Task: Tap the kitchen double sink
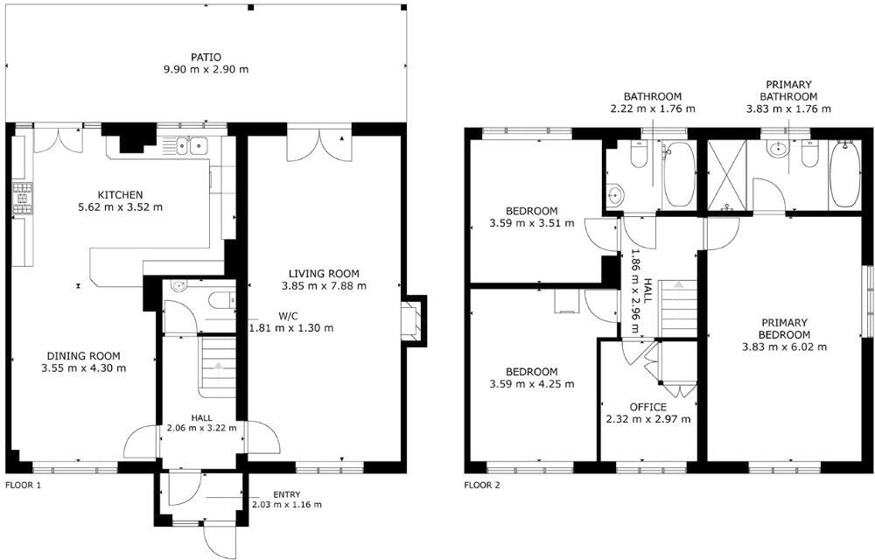pyautogui.click(x=190, y=145)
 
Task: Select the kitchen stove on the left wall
pyautogui.click(x=20, y=200)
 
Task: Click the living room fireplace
pyautogui.click(x=410, y=317)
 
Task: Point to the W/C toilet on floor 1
pyautogui.click(x=218, y=300)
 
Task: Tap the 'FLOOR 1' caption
pyautogui.click(x=23, y=484)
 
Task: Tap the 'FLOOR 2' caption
pyautogui.click(x=481, y=484)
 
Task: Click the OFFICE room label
pyautogui.click(x=647, y=407)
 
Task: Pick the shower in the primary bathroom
pyautogui.click(x=725, y=176)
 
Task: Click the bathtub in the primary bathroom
pyautogui.click(x=844, y=174)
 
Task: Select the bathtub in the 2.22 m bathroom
pyautogui.click(x=679, y=175)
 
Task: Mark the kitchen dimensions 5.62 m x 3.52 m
pyautogui.click(x=120, y=207)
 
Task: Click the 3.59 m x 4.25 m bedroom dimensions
pyautogui.click(x=531, y=383)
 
